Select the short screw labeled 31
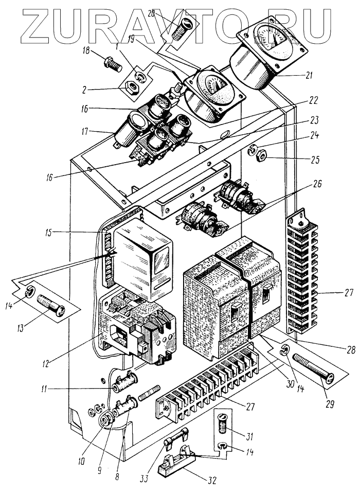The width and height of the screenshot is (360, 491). pyautogui.click(x=223, y=425)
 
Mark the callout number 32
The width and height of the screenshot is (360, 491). pyautogui.click(x=212, y=480)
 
